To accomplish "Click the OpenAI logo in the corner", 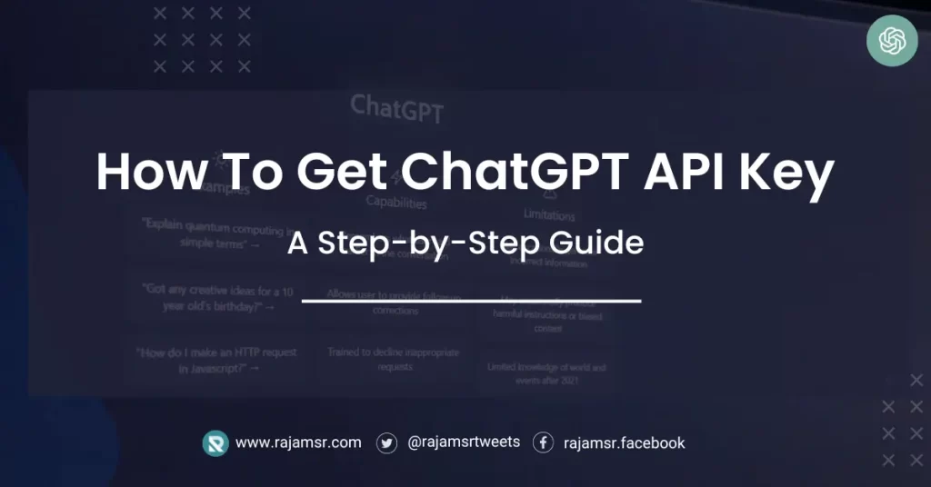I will point(892,41).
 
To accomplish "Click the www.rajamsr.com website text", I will point(298,442).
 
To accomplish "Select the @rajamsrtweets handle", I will point(464,442).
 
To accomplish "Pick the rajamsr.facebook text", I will point(624,443).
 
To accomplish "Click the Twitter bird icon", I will point(387,442).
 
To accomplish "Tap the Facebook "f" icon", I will point(543,442).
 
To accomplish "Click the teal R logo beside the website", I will point(215,442).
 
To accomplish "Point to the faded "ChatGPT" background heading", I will point(396,108).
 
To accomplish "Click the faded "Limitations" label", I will point(549,215).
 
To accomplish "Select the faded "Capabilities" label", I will point(395,201).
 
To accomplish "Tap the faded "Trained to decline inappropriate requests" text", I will point(394,359).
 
